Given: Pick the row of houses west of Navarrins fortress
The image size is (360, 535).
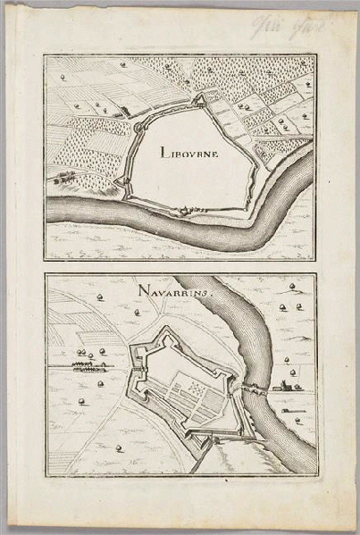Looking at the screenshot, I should click(88, 364).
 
